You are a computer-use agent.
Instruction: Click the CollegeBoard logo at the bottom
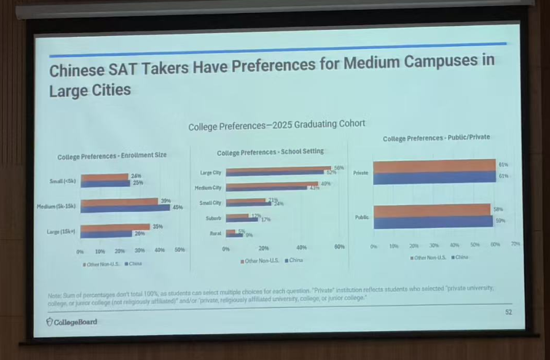[x=72, y=322]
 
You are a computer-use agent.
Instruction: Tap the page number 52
[x=508, y=312]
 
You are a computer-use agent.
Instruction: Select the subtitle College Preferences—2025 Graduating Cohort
[x=277, y=124]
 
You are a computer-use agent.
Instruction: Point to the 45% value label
[x=178, y=208]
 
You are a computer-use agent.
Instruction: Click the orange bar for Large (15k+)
[x=115, y=227]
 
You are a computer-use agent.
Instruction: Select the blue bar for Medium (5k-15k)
[x=125, y=208]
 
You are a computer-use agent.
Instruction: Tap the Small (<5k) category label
[x=63, y=181]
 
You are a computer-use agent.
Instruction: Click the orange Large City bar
[x=278, y=169]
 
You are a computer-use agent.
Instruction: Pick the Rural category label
[x=216, y=233]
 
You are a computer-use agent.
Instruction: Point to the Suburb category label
[x=214, y=218]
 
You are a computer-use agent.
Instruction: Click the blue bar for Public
[x=433, y=221]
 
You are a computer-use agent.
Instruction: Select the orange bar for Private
[x=434, y=166]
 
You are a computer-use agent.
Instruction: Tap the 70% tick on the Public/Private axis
[x=515, y=245]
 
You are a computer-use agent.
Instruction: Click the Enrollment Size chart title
[x=112, y=156]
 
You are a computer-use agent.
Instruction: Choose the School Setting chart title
[x=270, y=152]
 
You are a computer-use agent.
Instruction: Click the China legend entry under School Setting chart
[x=294, y=260]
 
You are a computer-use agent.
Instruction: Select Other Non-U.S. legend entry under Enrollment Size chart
[x=99, y=264]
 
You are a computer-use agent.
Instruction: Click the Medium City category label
[x=208, y=187]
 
